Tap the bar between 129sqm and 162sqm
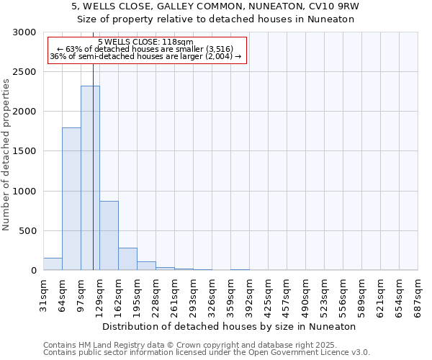tap(109, 235)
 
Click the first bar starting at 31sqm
tap(53, 264)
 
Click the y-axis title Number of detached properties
tap(7, 152)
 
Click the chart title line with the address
tap(215, 6)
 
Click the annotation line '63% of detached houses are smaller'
tap(146, 49)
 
